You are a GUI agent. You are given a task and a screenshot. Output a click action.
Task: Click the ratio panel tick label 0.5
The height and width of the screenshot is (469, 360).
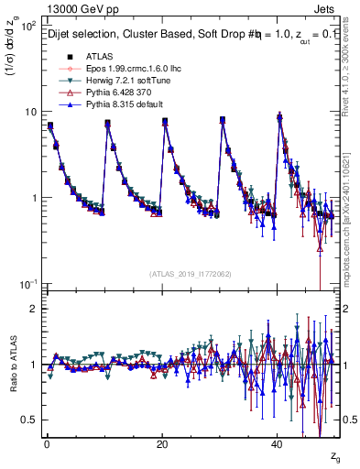pyautogui.click(x=30, y=420)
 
